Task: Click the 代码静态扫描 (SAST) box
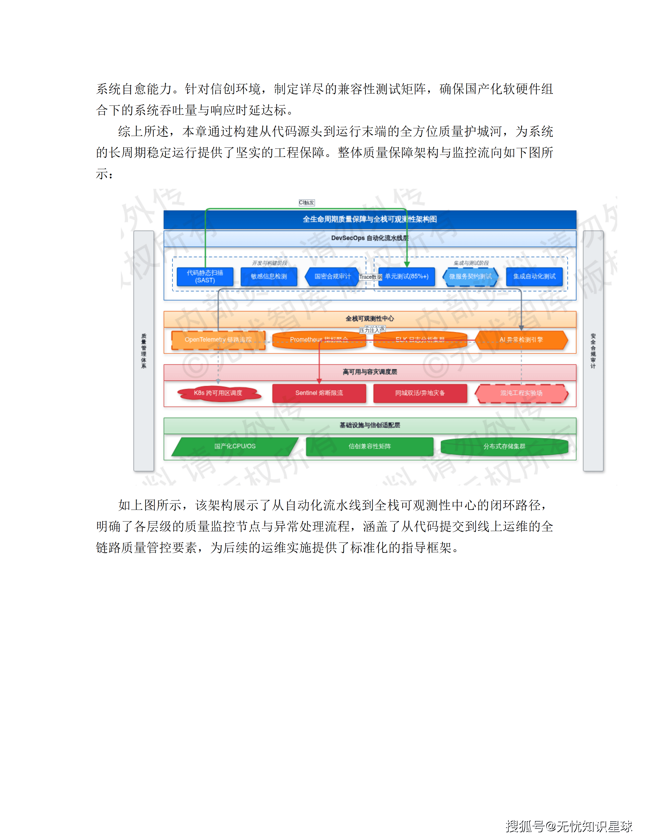point(205,277)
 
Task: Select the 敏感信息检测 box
point(269,277)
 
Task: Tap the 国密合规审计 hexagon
point(332,277)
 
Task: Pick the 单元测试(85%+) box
point(407,277)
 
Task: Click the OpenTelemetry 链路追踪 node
point(218,340)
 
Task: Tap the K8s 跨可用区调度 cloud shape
point(218,393)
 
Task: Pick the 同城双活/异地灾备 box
point(420,393)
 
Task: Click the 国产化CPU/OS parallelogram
point(235,447)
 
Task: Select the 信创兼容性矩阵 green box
point(370,447)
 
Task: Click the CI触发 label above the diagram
point(307,203)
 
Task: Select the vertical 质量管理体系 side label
point(144,351)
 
